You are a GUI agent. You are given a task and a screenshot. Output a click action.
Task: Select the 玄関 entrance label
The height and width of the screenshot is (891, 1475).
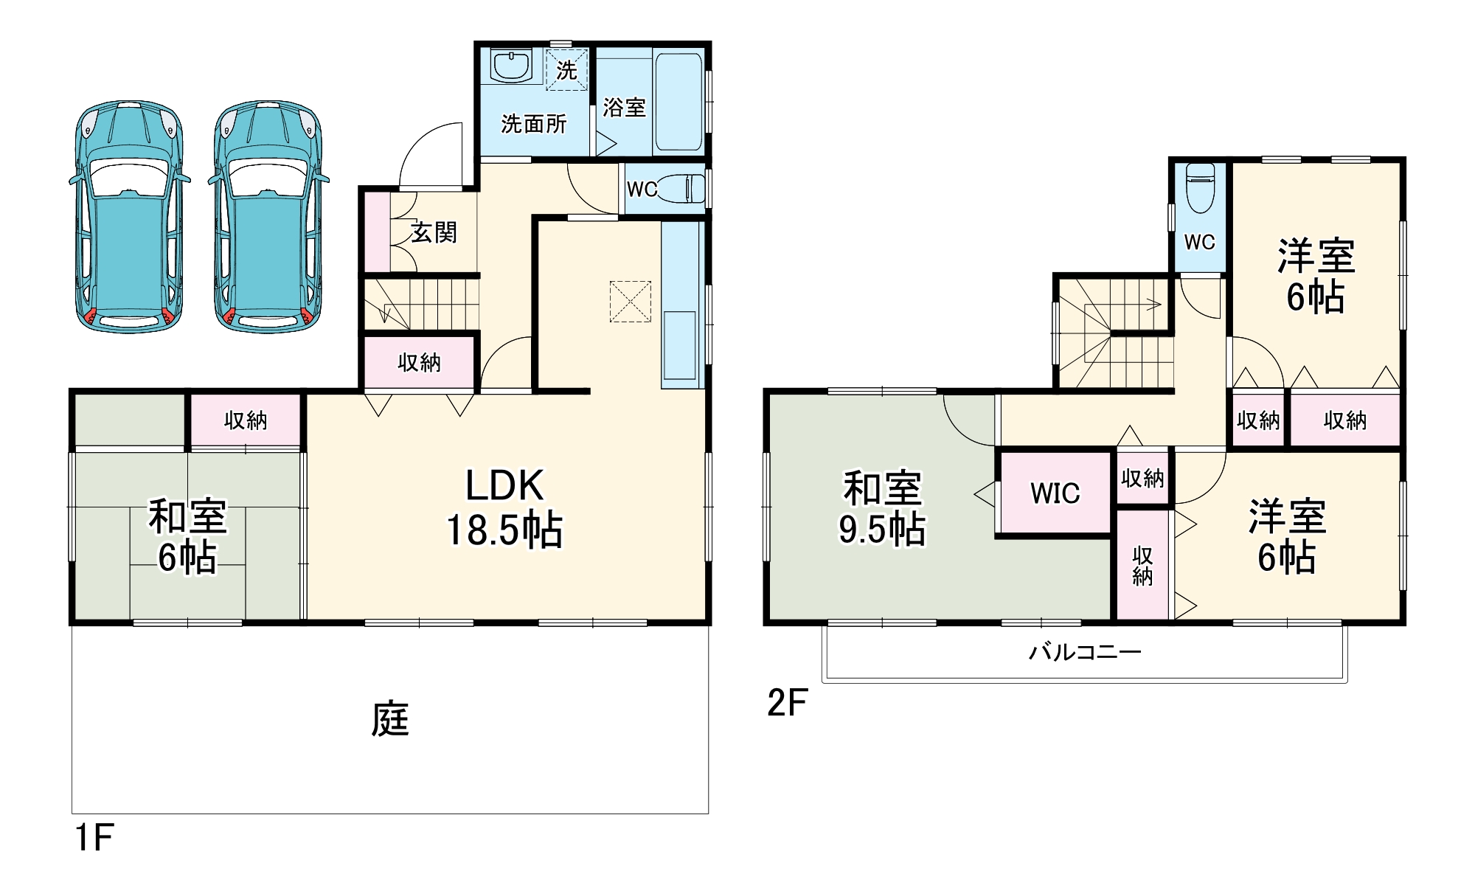point(434,232)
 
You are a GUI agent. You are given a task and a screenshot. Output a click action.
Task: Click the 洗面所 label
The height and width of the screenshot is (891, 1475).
point(534,124)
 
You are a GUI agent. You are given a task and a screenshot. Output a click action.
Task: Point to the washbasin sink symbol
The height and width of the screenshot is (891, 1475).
point(510,66)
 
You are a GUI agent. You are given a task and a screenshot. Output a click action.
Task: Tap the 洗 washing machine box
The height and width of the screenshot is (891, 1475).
point(566,69)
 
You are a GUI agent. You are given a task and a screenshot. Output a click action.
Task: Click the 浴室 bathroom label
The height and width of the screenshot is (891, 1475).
point(624,108)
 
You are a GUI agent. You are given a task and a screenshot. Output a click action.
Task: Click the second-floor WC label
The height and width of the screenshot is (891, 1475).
point(1199,242)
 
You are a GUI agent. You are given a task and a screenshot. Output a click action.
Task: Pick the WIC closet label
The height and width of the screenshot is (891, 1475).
point(1055,493)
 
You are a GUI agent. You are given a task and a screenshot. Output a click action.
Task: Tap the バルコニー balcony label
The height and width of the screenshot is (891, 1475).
point(1085,652)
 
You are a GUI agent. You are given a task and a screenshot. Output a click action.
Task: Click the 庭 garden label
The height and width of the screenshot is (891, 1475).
point(389,719)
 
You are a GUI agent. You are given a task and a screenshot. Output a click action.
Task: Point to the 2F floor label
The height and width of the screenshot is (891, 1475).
point(787,702)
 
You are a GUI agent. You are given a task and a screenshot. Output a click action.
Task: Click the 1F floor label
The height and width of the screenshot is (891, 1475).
point(94,838)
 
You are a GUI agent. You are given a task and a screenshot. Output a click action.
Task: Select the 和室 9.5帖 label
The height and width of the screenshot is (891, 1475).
point(882,509)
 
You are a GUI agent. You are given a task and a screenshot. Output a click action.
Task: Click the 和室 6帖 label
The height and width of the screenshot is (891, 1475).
point(187,536)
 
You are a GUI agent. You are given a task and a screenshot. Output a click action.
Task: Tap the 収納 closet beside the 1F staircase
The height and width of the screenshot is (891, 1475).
point(419,362)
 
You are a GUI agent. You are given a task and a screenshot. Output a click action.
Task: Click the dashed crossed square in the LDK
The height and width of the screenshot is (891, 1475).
point(630,301)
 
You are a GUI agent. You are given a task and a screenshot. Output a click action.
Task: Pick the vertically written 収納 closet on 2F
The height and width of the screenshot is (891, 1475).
point(1142,566)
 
